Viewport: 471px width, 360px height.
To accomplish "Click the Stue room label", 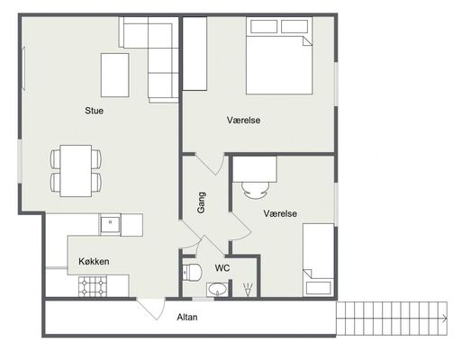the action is pyautogui.click(x=94, y=111).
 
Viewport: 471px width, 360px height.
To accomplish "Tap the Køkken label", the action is pyautogui.click(x=94, y=261).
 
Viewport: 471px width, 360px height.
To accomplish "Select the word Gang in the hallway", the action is pyautogui.click(x=201, y=202).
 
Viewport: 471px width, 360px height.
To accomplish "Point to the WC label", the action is pyautogui.click(x=222, y=268).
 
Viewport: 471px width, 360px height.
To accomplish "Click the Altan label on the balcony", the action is pyautogui.click(x=186, y=317).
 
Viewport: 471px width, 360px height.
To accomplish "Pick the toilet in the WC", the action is pyautogui.click(x=192, y=272).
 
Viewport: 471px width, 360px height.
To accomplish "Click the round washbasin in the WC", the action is pyautogui.click(x=217, y=290).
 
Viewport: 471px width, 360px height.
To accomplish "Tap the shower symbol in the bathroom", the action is pyautogui.click(x=248, y=290).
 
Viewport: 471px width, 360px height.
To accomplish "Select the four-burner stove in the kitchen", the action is pyautogui.click(x=93, y=286).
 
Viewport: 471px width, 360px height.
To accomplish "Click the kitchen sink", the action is pyautogui.click(x=110, y=224).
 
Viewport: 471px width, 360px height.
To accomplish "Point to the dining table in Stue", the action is pyautogui.click(x=76, y=171).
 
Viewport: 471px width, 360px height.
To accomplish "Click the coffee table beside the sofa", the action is pyautogui.click(x=114, y=75).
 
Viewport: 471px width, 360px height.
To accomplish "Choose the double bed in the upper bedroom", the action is pyautogui.click(x=279, y=56).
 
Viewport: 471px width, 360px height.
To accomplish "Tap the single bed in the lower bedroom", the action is pyautogui.click(x=318, y=260).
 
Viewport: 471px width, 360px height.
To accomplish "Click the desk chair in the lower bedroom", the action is pyautogui.click(x=256, y=190).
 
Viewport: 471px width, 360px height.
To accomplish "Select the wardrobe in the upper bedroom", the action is pyautogui.click(x=195, y=53).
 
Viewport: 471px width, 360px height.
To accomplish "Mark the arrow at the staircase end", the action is pyautogui.click(x=445, y=319).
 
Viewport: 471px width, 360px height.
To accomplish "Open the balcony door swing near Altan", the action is pyautogui.click(x=151, y=309).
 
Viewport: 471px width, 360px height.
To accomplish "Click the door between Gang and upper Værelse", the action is pyautogui.click(x=210, y=164).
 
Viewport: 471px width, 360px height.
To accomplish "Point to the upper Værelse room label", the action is pyautogui.click(x=243, y=120).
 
